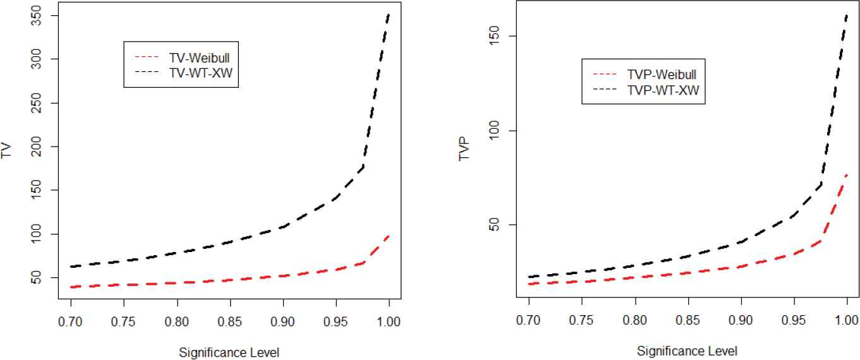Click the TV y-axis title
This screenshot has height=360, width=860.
(7, 150)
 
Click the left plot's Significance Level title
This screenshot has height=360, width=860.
(229, 351)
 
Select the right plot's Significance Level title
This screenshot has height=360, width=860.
(687, 351)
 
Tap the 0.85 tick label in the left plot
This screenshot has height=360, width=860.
(230, 320)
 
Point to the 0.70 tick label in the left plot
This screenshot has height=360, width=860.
(71, 320)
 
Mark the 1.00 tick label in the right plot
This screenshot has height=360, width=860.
(846, 320)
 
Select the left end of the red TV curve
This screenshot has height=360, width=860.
(71, 287)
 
